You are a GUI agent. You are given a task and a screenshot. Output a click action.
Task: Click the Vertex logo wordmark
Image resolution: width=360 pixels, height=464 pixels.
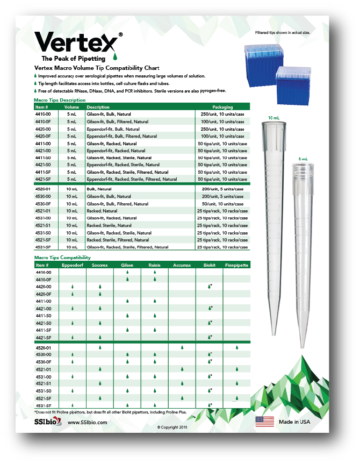(75, 42)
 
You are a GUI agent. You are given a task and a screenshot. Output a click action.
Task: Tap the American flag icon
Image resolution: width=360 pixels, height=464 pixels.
(264, 422)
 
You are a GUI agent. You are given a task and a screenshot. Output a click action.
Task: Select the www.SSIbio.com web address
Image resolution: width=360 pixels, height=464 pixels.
(87, 422)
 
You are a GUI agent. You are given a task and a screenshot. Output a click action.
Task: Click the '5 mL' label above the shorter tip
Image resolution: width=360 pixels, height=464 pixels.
(303, 159)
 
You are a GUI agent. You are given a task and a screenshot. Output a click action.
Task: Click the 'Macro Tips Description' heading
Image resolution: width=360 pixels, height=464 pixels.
(59, 100)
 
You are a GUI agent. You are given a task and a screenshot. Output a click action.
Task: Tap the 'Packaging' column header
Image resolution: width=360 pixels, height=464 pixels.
(222, 107)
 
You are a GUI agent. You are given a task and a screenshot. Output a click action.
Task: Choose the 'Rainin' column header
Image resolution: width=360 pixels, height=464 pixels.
(154, 265)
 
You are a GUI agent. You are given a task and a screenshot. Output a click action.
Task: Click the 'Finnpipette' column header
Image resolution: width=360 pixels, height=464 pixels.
(236, 265)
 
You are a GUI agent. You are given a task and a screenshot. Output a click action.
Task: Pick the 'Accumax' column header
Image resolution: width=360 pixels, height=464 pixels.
(182, 265)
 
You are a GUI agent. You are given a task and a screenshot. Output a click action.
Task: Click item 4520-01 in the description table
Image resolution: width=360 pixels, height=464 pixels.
(43, 189)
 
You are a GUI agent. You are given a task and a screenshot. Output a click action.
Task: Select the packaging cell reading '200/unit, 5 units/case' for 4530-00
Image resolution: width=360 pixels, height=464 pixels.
(222, 196)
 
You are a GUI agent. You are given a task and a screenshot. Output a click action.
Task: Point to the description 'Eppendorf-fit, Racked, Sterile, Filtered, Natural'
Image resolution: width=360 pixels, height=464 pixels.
(132, 179)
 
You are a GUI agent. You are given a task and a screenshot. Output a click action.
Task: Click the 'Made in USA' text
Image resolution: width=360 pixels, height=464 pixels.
(294, 422)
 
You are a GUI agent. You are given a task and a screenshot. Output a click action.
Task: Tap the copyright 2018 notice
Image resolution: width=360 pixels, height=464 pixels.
(174, 427)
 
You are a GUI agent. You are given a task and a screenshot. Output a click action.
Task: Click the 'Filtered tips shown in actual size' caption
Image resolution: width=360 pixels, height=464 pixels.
(284, 33)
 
